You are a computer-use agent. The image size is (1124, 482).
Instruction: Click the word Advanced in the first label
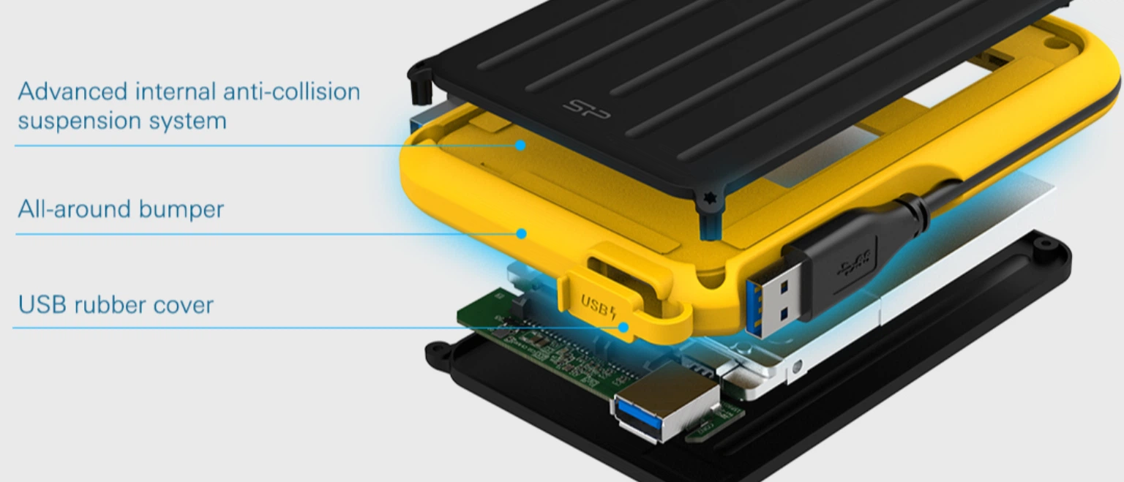point(72,91)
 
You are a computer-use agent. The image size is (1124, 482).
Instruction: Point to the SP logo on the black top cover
point(586,109)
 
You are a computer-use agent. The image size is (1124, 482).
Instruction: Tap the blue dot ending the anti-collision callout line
point(521,146)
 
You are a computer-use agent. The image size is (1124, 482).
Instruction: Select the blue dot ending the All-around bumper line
point(522,234)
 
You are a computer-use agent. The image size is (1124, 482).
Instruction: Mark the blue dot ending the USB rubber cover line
point(623,328)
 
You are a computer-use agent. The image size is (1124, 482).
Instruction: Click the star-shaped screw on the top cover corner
point(708,199)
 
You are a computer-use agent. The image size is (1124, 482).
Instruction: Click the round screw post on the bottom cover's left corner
point(438,354)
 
